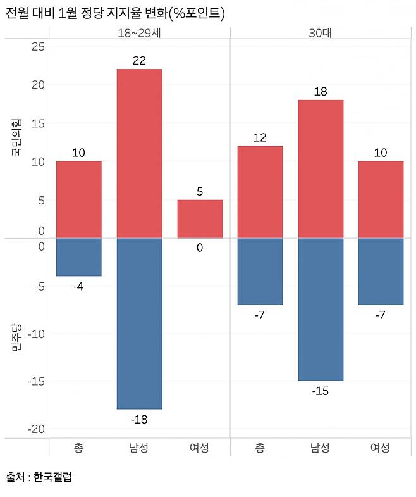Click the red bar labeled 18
coord(320,168)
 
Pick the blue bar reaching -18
coord(139,323)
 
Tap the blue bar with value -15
coord(320,309)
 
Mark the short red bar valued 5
coord(200,218)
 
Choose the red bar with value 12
coord(260,192)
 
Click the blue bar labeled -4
coord(78,257)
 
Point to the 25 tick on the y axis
coord(38,46)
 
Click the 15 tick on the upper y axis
coord(38,123)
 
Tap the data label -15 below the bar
coord(320,391)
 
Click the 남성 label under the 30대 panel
coord(320,448)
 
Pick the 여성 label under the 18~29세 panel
coord(200,448)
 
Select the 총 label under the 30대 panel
coord(260,448)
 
